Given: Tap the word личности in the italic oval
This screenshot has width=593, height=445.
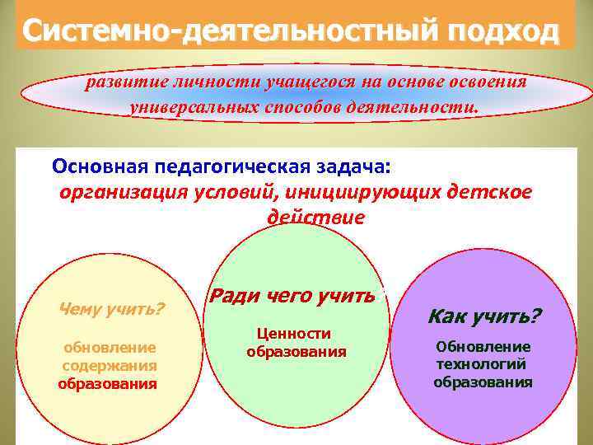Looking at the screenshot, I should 216,82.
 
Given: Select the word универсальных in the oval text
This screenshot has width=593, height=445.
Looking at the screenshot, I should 194,107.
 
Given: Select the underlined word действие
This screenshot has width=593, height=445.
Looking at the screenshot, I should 315,218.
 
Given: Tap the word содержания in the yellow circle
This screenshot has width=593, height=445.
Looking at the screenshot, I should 110,364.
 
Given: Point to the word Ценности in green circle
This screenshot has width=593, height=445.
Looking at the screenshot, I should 294,333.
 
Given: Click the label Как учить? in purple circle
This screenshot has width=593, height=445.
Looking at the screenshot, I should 483,316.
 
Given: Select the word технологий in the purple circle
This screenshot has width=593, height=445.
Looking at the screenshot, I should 481,364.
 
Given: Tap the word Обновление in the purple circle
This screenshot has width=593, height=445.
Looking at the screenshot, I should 483,347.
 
